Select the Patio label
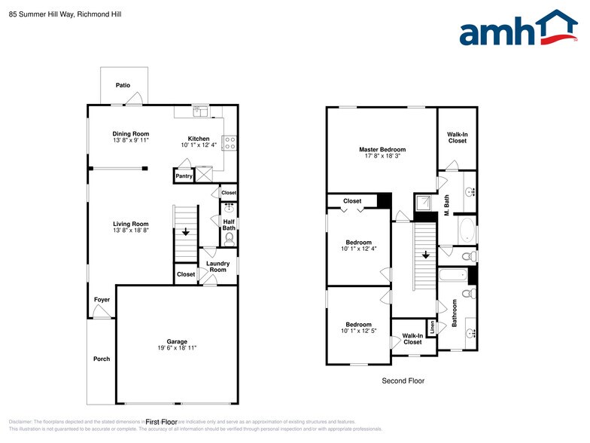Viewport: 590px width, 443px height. [x=123, y=86]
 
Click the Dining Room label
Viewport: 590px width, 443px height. [x=131, y=134]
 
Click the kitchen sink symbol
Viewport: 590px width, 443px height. [x=199, y=112]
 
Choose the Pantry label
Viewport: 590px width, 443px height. [x=184, y=176]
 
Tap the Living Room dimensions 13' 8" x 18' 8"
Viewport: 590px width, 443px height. [x=131, y=231]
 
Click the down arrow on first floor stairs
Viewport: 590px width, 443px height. [x=185, y=233]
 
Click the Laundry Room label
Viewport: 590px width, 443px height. [x=218, y=267]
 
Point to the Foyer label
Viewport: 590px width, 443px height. [x=102, y=300]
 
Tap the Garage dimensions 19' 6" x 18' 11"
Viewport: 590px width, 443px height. [x=177, y=348]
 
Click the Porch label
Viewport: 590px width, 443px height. [x=101, y=359]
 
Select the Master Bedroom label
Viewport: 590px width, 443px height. [x=382, y=150]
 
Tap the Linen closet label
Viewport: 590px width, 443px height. [x=432, y=328]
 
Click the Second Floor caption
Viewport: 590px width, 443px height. [x=403, y=381]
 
